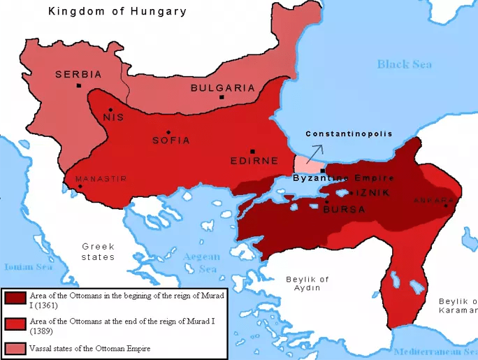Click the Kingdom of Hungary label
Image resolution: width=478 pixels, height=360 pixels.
tap(117, 11)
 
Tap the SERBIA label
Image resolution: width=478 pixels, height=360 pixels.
tap(79, 74)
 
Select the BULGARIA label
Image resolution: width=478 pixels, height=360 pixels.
tap(222, 88)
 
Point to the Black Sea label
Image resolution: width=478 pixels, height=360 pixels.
tap(404, 64)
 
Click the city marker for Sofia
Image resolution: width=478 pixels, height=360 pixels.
tap(168, 132)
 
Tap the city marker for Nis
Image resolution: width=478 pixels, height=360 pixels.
tap(110, 109)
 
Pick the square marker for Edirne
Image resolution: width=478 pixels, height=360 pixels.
tap(252, 151)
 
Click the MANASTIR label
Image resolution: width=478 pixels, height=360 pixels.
tap(101, 179)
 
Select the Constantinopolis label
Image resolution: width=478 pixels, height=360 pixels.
tap(349, 134)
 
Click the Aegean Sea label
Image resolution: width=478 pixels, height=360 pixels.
tap(201, 263)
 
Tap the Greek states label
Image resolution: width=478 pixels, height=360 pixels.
tap(98, 252)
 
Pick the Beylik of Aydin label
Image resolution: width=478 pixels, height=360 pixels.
tap(307, 283)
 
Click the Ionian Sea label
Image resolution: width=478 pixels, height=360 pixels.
tap(28, 266)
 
